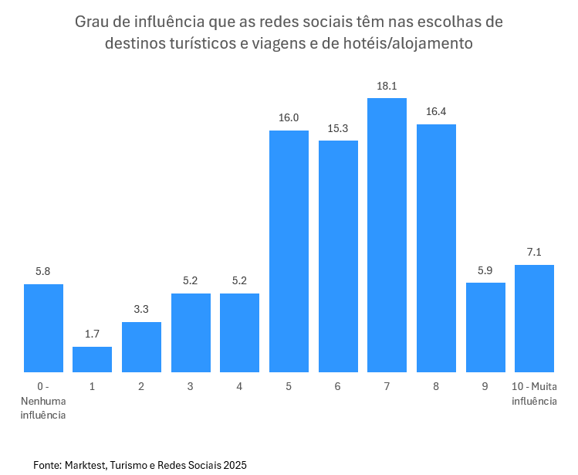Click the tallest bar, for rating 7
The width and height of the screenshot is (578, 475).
pos(387,235)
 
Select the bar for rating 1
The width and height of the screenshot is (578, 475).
pos(92,359)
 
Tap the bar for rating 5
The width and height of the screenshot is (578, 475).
pos(289,251)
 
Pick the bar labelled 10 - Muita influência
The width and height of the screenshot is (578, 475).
pos(534,318)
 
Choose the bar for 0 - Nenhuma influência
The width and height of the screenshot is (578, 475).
pos(43,328)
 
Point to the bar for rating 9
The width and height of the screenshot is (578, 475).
pos(485,327)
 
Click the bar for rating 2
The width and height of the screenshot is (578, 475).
pos(141,347)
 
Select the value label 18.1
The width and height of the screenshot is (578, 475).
pos(387,86)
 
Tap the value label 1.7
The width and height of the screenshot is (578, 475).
pos(92,334)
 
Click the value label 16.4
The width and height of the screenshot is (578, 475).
pos(436,111)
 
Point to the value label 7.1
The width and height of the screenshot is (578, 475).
pos(534,252)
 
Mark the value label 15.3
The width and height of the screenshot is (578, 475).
pos(338,127)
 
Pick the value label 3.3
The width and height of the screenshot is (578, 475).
pos(141,309)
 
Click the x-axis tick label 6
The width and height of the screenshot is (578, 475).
pos(338,386)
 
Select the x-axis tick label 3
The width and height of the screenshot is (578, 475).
pos(190,386)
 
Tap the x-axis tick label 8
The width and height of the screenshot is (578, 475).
pos(436,386)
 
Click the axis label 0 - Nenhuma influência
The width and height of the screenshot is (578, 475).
pos(43,400)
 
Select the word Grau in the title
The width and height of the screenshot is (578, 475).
pos(92,21)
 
